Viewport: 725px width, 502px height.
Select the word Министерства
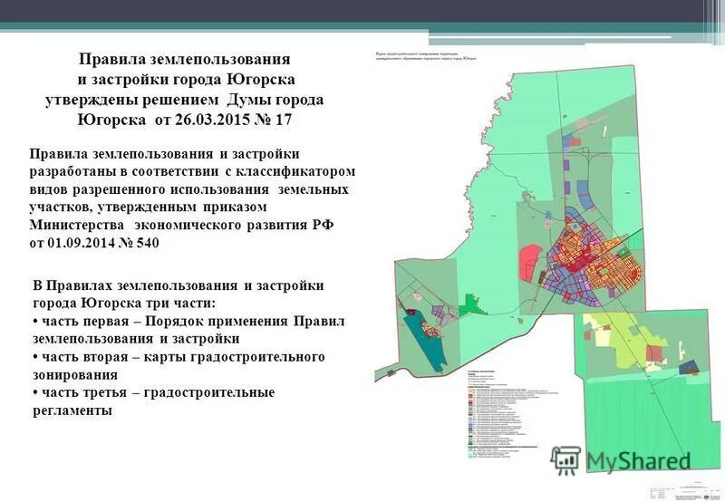pos(77,226)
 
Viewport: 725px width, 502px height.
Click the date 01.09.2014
pos(86,244)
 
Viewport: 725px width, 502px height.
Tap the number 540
pos(155,244)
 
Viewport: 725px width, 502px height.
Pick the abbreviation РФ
pos(323,226)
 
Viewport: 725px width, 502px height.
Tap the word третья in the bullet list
pos(118,392)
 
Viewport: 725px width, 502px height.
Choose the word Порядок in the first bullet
pos(199,322)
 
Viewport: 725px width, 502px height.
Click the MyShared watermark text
pos(638,460)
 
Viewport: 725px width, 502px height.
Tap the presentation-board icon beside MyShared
pos(565,460)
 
